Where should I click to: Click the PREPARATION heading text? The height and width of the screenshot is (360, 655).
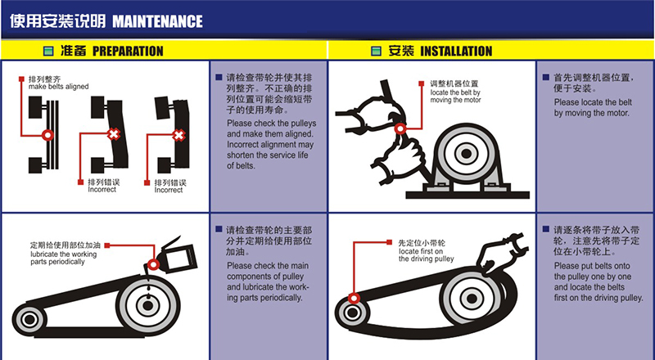tap(127, 51)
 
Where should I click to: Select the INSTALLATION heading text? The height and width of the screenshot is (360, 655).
tap(456, 51)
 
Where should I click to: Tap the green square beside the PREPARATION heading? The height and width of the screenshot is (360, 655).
tap(48, 51)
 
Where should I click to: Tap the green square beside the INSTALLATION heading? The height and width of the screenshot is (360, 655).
tap(376, 51)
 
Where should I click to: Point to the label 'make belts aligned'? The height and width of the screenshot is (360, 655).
tap(58, 86)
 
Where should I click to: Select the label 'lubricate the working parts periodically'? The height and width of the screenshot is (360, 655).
tap(65, 255)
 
